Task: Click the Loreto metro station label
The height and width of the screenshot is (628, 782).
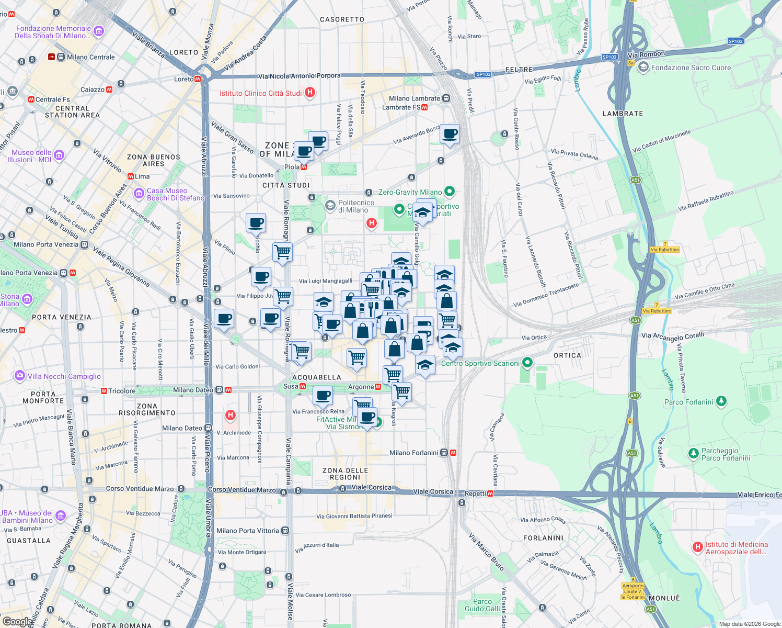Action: pos(183,79)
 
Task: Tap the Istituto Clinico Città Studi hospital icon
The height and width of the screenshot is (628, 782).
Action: pos(309,93)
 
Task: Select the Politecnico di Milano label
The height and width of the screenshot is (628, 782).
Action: pos(356,206)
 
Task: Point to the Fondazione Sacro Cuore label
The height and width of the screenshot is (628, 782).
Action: pos(691,68)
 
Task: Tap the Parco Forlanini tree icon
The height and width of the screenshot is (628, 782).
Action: pos(721,401)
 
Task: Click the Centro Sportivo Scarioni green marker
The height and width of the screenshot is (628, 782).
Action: pos(527,362)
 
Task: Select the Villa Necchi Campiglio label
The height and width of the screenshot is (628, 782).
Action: pos(64,376)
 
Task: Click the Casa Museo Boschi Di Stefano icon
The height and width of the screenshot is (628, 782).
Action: pos(139,194)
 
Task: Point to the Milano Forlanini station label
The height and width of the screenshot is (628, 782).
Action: pos(413,453)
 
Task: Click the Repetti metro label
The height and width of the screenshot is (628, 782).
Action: pos(475,494)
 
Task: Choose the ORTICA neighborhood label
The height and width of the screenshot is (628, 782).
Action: pos(567,355)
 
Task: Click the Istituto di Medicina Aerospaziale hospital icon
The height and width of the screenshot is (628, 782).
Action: pos(697,547)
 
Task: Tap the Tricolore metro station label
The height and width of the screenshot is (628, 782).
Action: pos(122,391)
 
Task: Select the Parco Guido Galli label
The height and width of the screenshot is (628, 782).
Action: pos(482,605)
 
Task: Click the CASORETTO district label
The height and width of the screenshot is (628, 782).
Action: pos(342,19)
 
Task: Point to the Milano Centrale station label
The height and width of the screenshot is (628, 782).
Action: pos(90,57)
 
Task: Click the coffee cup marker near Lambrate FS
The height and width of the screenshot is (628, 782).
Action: pos(450,133)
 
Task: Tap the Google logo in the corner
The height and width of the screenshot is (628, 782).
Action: pos(17,621)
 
